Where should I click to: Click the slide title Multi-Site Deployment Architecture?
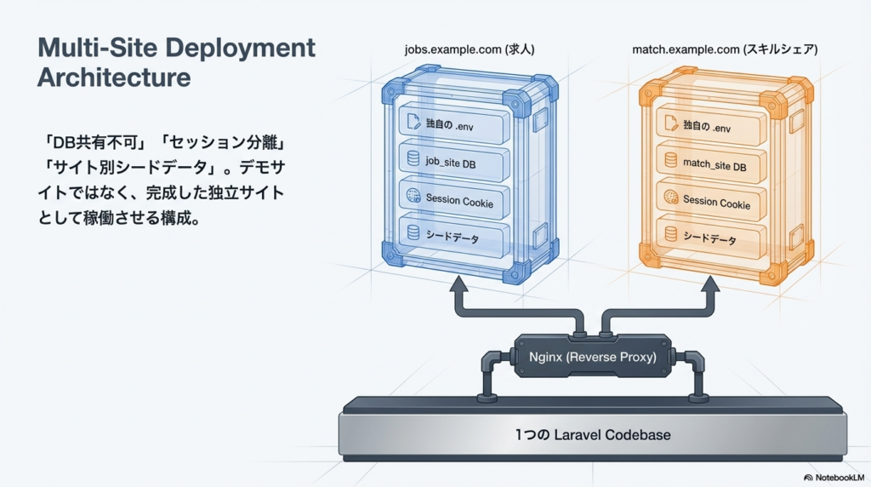pos(176,62)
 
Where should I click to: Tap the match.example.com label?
pos(725,50)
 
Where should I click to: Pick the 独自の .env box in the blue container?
pos(455,124)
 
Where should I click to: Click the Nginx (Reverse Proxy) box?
pos(592,357)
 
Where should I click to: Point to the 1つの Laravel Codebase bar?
pos(593,434)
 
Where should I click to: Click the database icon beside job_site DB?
pos(413,158)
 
